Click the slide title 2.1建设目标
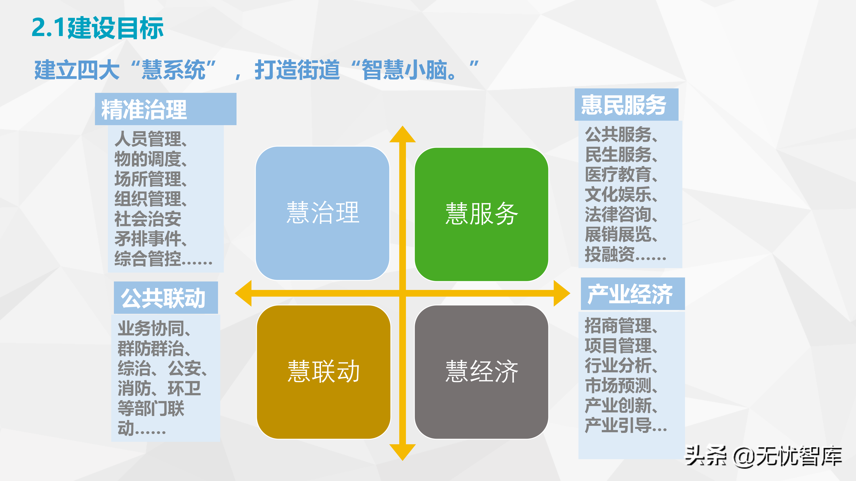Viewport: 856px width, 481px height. [97, 28]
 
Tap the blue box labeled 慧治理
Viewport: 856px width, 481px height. [322, 213]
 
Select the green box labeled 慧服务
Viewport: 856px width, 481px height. [481, 214]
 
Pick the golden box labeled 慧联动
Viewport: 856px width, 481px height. [323, 372]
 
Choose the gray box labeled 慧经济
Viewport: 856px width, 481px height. [481, 372]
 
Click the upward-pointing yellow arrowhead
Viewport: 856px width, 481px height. [402, 135]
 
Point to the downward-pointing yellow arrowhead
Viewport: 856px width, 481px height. [402, 452]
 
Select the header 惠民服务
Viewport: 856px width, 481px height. [623, 105]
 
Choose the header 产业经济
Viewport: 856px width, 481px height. [630, 294]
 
